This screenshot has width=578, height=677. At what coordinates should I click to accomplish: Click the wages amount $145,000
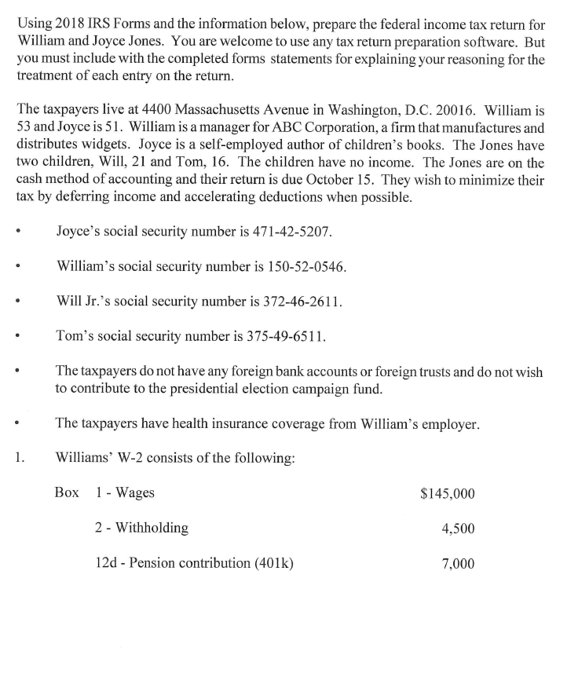click(x=448, y=493)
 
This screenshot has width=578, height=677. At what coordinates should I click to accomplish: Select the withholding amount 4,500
click(x=459, y=529)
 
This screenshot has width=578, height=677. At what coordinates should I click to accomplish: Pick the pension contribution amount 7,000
click(x=459, y=563)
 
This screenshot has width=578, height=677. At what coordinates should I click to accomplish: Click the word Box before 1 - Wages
click(x=67, y=492)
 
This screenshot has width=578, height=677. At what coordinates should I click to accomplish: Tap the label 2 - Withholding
click(x=141, y=528)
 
